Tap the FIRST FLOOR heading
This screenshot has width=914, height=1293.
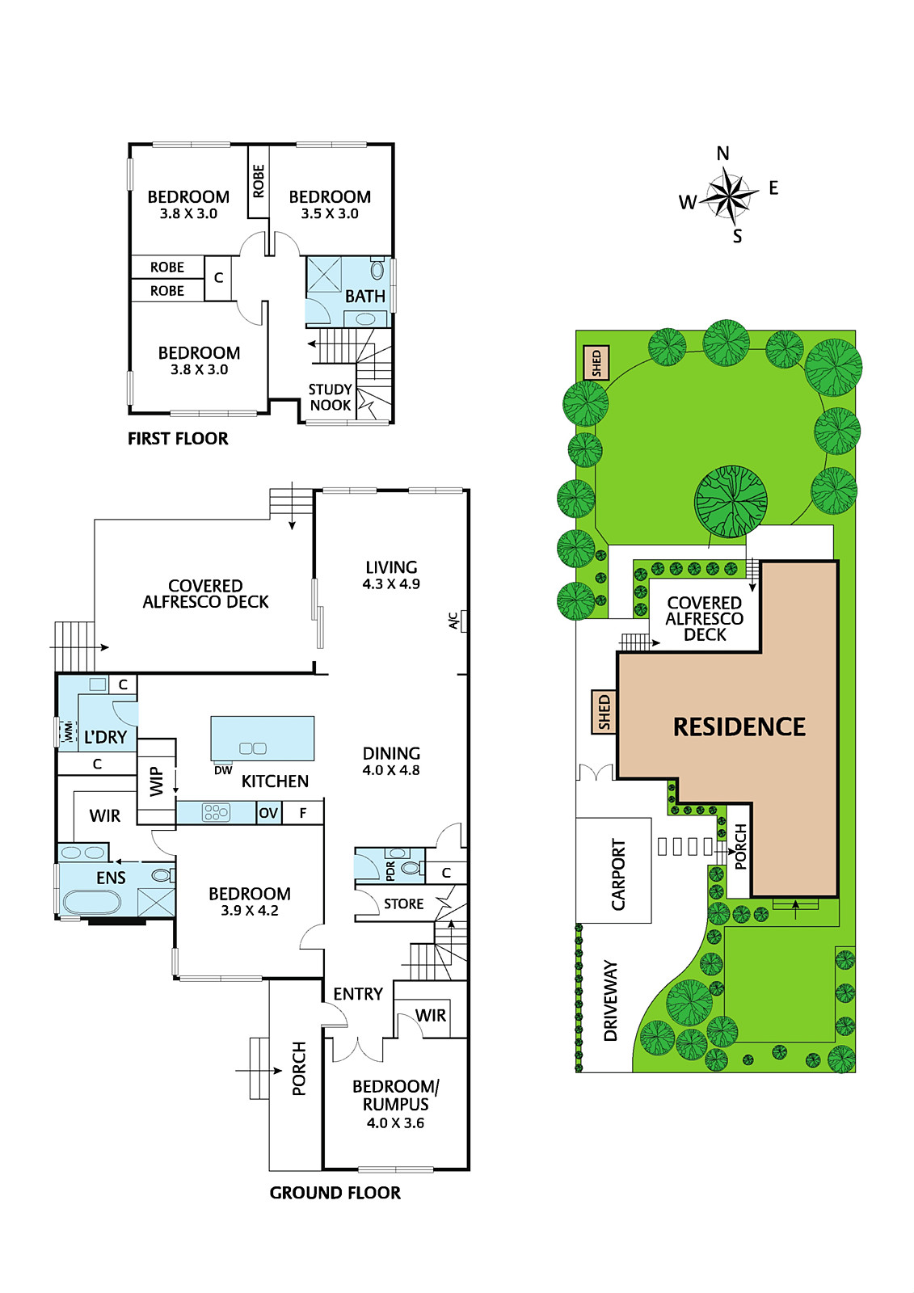coord(178,439)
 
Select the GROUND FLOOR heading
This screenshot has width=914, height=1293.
coord(335,1193)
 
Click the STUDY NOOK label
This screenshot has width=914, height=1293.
coord(331,397)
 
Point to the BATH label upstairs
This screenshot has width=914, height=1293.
coord(365,297)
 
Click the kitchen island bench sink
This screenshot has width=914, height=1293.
coord(253,748)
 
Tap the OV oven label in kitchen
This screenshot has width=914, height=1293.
coord(268,813)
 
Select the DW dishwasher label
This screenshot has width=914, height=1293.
coord(223,770)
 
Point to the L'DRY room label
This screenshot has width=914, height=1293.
coord(105,737)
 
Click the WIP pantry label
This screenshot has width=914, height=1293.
coord(157,782)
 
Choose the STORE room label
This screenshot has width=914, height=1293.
coord(403,904)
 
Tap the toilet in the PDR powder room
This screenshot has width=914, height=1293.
coord(410,867)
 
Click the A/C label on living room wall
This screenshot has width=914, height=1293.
coord(453,621)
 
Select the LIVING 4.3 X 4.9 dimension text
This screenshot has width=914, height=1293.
coord(391,583)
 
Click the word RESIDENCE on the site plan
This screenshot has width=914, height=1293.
coord(739,727)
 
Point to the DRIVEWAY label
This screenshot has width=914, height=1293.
coord(610,1001)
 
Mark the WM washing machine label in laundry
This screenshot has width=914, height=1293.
coord(69,731)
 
